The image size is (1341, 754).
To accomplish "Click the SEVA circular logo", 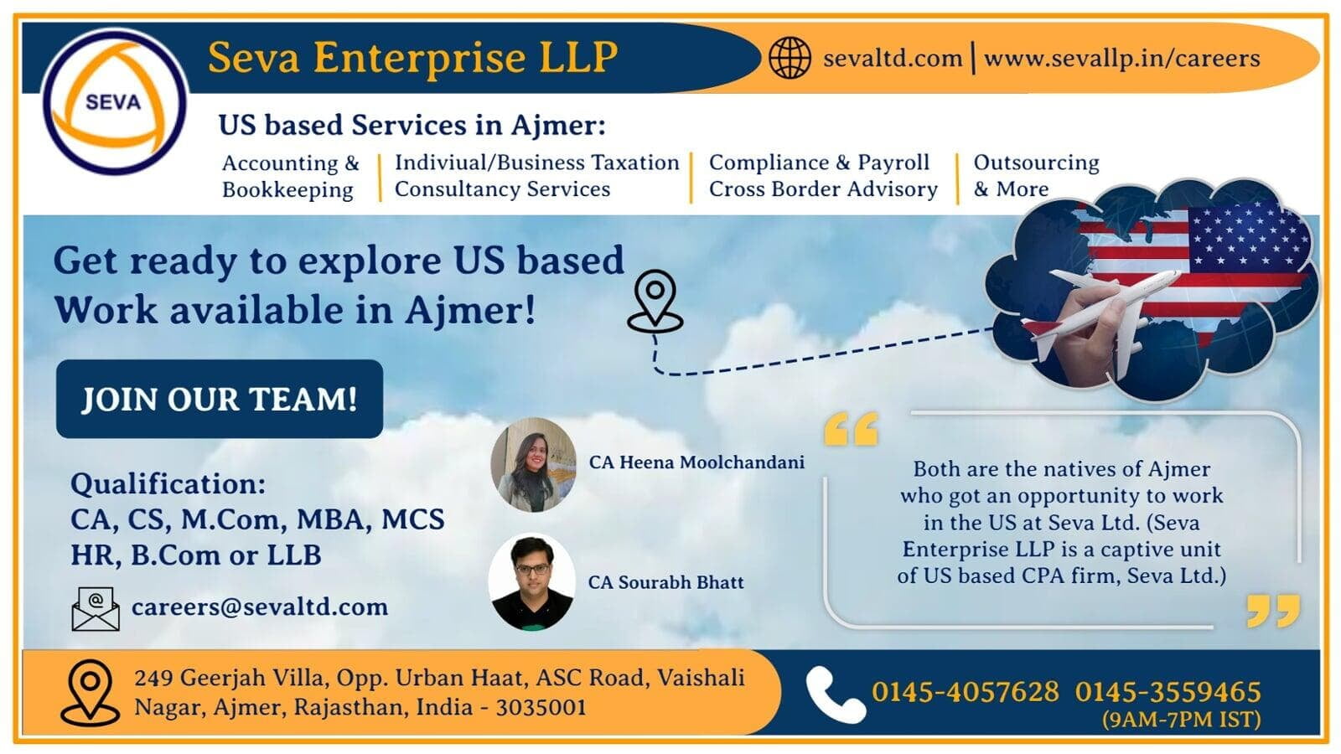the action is pyautogui.click(x=114, y=101).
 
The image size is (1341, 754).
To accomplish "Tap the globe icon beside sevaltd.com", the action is pyautogui.click(x=790, y=58).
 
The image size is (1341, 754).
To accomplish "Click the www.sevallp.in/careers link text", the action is pyautogui.click(x=1122, y=59).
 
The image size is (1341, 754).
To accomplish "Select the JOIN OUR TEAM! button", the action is pyautogui.click(x=219, y=399).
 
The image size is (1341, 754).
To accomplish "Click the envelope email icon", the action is pyautogui.click(x=96, y=608).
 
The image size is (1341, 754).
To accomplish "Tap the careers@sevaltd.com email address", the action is pyautogui.click(x=260, y=607).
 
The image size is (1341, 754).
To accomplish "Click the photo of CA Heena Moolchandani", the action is pyautogui.click(x=533, y=465).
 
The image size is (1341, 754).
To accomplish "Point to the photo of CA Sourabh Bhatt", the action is pyautogui.click(x=531, y=581).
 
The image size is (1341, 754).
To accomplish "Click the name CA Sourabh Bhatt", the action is pyautogui.click(x=665, y=582).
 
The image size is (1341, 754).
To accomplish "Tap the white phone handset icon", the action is pyautogui.click(x=835, y=695).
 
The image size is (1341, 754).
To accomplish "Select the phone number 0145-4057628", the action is pyautogui.click(x=965, y=692).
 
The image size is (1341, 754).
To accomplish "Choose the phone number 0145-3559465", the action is pyautogui.click(x=1168, y=692).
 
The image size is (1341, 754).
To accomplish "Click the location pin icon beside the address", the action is pyautogui.click(x=90, y=692).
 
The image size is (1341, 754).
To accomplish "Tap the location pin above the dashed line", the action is pyautogui.click(x=655, y=301).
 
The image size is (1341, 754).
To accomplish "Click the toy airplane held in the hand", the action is pyautogui.click(x=1101, y=311).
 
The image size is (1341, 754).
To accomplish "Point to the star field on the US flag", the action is pyautogui.click(x=1248, y=235).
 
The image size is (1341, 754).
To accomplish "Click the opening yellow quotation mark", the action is pyautogui.click(x=851, y=428).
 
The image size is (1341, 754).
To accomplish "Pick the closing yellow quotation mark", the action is pyautogui.click(x=1273, y=611).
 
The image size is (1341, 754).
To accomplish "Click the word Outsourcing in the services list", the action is pyautogui.click(x=1036, y=163).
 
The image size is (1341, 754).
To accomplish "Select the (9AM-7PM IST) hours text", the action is pyautogui.click(x=1182, y=719).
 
